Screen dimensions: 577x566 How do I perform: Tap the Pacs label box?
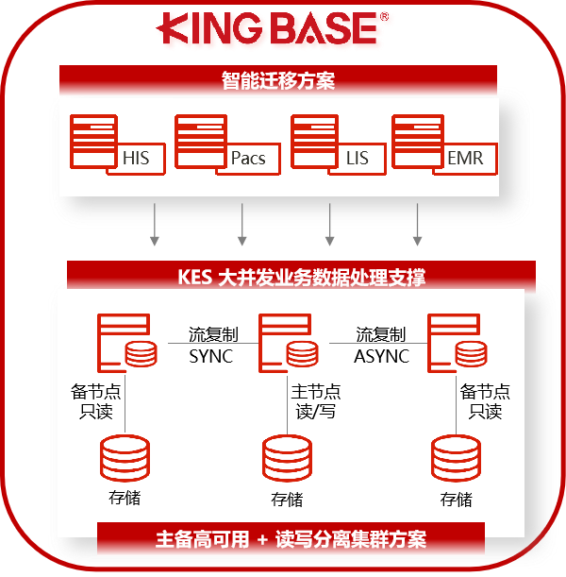click(249, 158)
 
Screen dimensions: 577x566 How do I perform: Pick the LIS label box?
click(358, 158)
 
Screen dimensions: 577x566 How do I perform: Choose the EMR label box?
click(464, 158)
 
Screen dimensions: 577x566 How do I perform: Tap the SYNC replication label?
click(210, 356)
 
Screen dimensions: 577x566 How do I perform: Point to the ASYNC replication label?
click(381, 356)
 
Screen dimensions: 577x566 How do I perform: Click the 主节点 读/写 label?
click(315, 401)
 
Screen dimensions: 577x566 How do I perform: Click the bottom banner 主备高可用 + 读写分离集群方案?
click(291, 539)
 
